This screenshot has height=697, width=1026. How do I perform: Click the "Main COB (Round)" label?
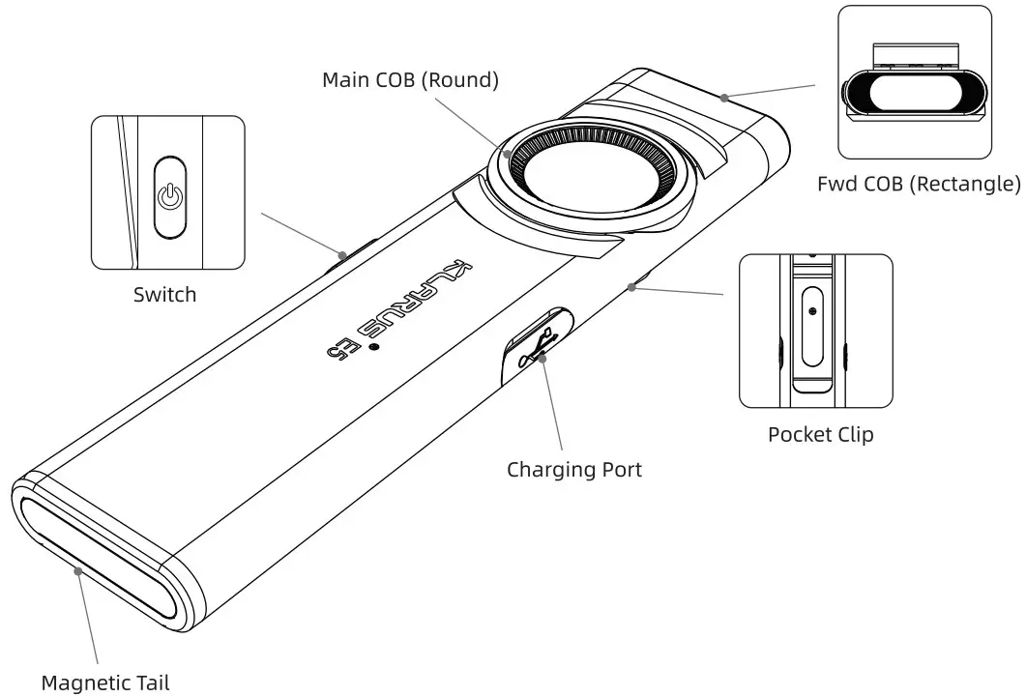coord(410,80)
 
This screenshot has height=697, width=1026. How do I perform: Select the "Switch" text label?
coord(164,294)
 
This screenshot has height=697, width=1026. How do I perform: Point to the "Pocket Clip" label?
coord(820,434)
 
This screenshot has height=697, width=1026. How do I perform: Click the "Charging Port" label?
coord(574,470)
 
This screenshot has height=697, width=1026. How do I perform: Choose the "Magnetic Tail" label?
coord(110,682)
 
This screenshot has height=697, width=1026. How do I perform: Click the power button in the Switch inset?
coord(170,196)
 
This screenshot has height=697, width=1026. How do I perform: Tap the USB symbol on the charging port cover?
coord(537,346)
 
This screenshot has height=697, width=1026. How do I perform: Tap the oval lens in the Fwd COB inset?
coord(913,96)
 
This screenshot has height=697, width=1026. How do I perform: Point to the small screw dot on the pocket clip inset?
coord(812,311)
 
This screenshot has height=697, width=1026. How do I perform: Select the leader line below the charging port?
coord(555,406)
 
